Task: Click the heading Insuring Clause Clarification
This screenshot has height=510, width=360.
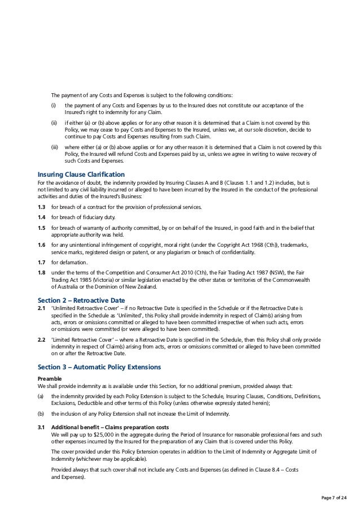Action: pos(81,174)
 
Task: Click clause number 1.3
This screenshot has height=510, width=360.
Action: pos(41,208)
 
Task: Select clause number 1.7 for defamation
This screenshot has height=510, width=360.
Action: pos(41,263)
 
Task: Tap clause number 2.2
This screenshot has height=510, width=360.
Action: pos(41,340)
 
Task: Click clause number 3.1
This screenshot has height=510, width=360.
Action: pos(41,428)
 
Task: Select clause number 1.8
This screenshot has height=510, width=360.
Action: pos(41,273)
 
